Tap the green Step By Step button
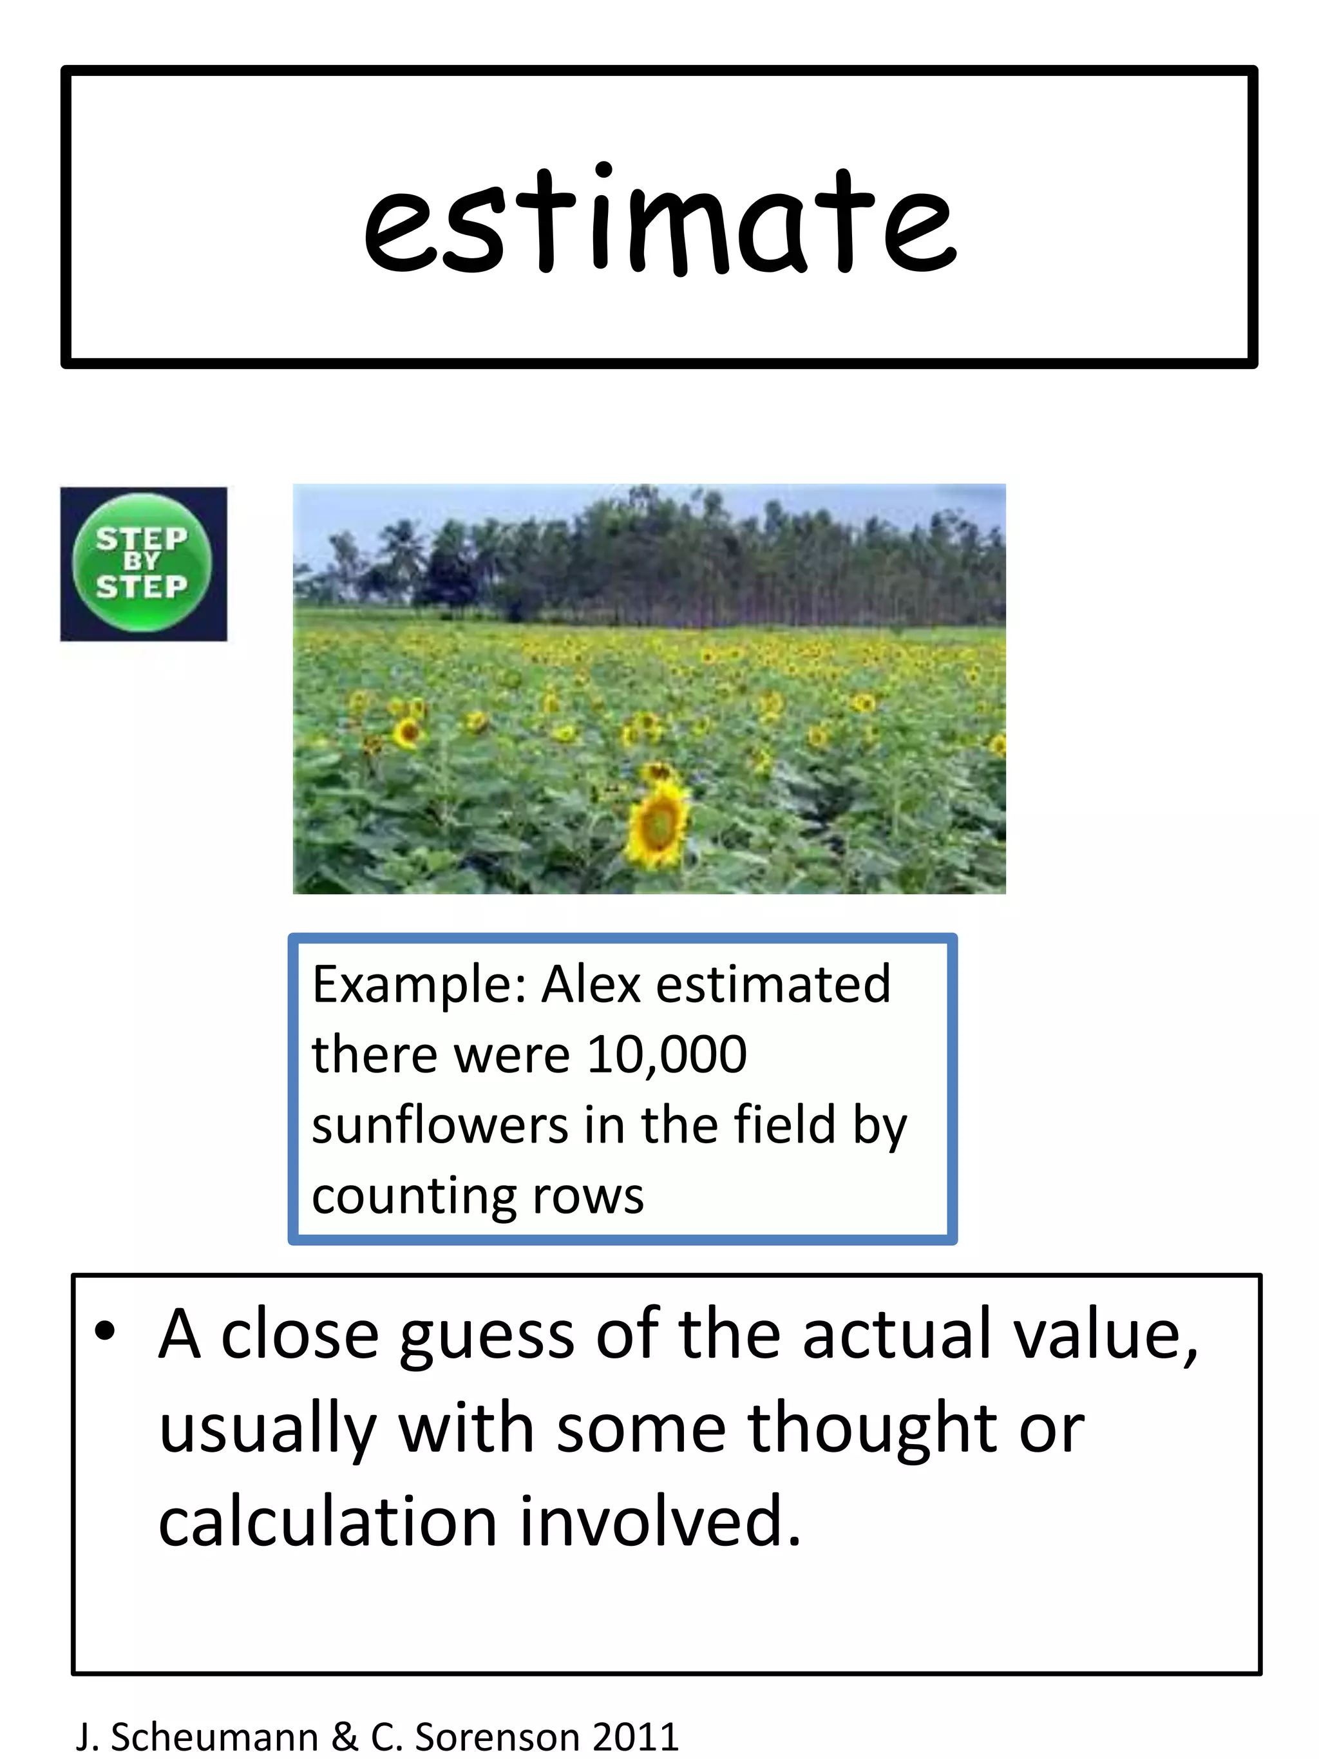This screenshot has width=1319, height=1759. click(142, 563)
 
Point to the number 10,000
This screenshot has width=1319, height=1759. click(666, 1054)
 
